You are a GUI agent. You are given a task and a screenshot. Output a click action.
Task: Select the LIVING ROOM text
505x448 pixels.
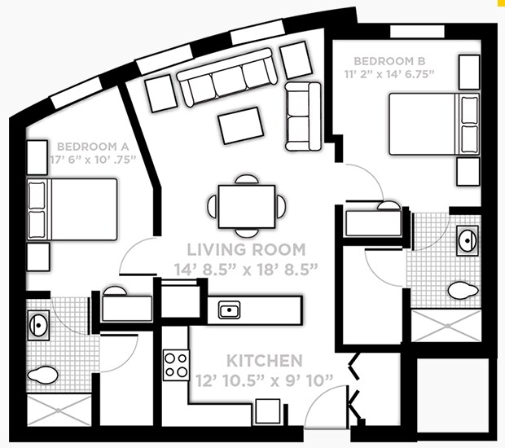(x=246, y=250)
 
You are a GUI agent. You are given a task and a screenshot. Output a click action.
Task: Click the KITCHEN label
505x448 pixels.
(x=265, y=360)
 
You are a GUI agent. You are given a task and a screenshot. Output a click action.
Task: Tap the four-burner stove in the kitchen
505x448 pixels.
(x=177, y=363)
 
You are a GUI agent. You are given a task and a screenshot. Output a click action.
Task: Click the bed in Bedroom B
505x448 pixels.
(x=424, y=124)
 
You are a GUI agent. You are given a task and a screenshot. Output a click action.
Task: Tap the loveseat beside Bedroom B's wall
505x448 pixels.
(x=303, y=116)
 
